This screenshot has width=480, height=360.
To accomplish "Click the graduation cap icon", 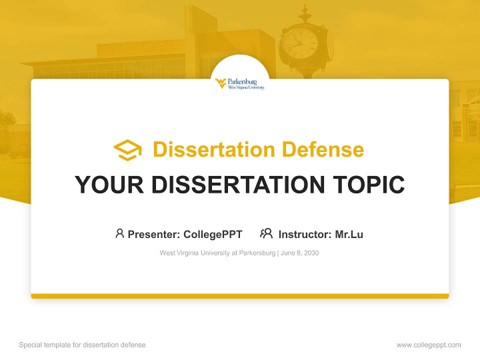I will pyautogui.click(x=127, y=150).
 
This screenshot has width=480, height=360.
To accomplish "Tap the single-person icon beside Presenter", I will pyautogui.click(x=119, y=233).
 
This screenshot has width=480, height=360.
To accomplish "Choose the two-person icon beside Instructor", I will pyautogui.click(x=266, y=233).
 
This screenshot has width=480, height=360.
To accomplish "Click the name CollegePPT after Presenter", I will pyautogui.click(x=212, y=234).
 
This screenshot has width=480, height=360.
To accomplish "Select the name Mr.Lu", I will pyautogui.click(x=349, y=234).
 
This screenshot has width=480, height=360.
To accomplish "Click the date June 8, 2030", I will pyautogui.click(x=300, y=253).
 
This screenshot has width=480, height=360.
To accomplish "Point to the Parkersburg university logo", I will pyautogui.click(x=240, y=83).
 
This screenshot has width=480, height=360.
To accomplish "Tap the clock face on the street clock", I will pyautogui.click(x=300, y=43).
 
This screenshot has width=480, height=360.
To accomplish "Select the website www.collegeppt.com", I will pyautogui.click(x=428, y=345).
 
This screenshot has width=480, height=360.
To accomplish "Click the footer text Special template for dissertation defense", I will pyautogui.click(x=82, y=345).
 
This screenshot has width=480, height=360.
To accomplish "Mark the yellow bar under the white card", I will pyautogui.click(x=240, y=296).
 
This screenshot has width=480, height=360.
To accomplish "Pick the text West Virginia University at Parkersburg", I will pyautogui.click(x=217, y=253).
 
